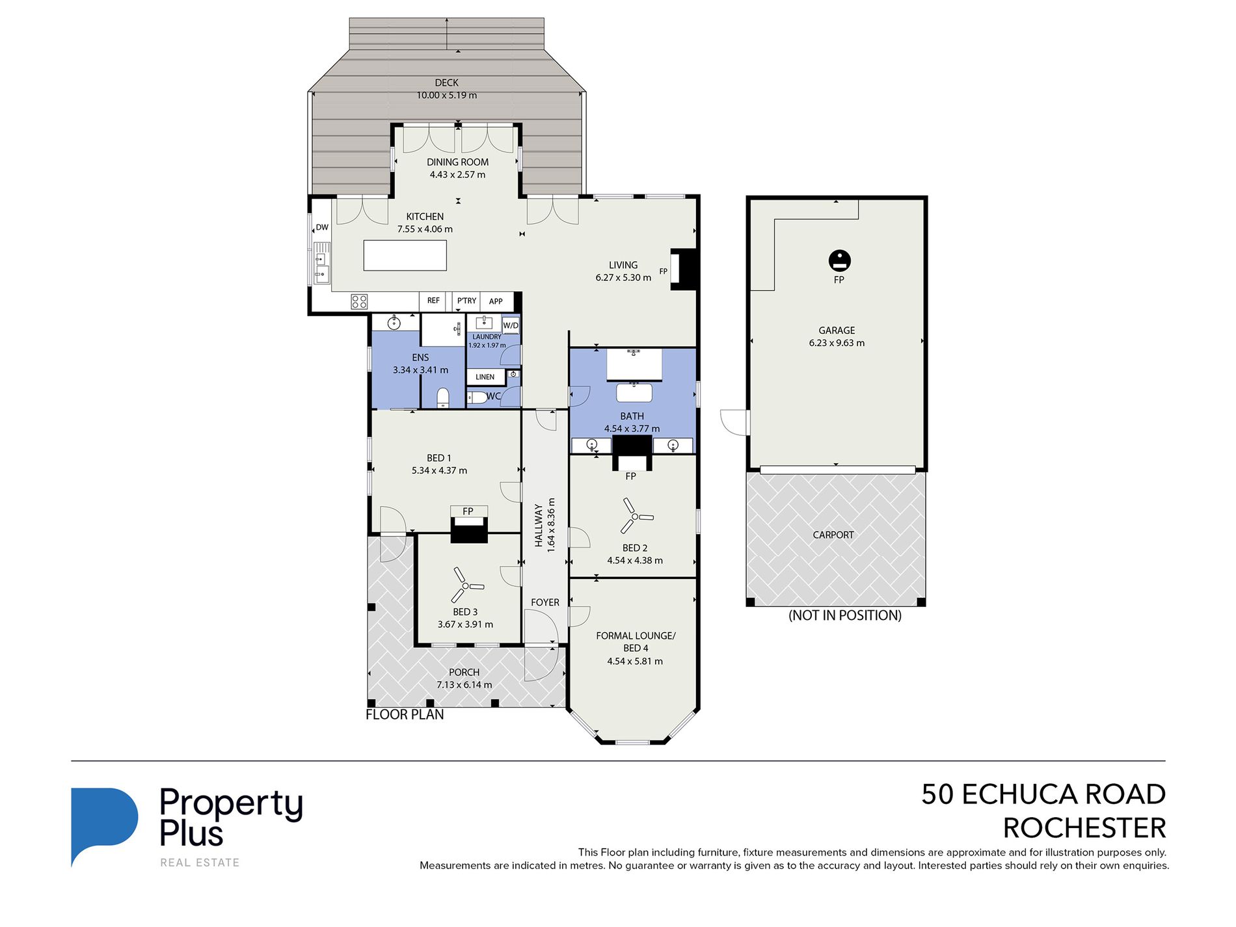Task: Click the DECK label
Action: pyautogui.click(x=447, y=83)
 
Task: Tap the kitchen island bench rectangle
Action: pyautogui.click(x=405, y=255)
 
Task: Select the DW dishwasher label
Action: pyautogui.click(x=322, y=227)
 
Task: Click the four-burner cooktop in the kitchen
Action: pyautogui.click(x=360, y=301)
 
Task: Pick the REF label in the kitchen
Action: pyautogui.click(x=433, y=301)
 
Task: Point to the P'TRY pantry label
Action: pyautogui.click(x=466, y=301)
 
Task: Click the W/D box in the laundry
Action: pyautogui.click(x=511, y=325)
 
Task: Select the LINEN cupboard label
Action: pyautogui.click(x=485, y=377)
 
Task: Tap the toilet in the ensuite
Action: pyautogui.click(x=443, y=397)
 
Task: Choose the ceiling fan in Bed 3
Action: pyautogui.click(x=464, y=585)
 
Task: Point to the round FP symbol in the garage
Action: pyautogui.click(x=840, y=260)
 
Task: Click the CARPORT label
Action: pyautogui.click(x=833, y=535)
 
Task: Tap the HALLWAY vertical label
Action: pyautogui.click(x=539, y=525)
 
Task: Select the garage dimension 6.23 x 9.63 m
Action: pyautogui.click(x=837, y=343)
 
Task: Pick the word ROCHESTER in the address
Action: pyautogui.click(x=1084, y=828)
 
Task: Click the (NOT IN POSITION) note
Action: pyautogui.click(x=845, y=615)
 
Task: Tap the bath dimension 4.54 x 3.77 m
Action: pyautogui.click(x=632, y=429)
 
